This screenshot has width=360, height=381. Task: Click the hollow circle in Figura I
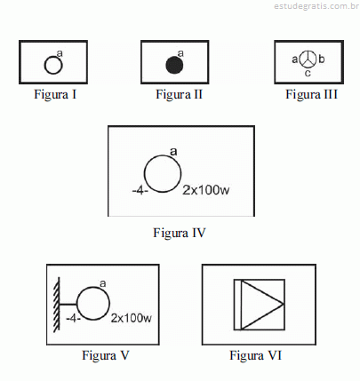tap(45, 66)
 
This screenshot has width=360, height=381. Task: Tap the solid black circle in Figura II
tap(174, 65)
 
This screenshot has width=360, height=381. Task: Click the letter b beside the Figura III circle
tap(322, 59)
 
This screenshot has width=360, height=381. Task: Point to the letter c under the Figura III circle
tap(308, 73)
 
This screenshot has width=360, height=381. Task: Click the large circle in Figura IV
tap(144, 174)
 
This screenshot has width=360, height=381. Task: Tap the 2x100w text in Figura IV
tap(206, 190)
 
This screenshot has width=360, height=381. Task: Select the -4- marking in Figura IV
tap(140, 191)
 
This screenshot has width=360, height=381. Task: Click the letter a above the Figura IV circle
tap(173, 152)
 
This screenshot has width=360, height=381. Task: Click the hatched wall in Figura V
tap(56, 304)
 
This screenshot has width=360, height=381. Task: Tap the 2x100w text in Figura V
tap(132, 318)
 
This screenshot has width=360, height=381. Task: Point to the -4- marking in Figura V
tap(73, 319)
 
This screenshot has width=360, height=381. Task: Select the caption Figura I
tap(55, 94)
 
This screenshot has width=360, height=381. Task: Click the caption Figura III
tap(311, 94)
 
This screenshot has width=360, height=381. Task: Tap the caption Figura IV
tap(180, 233)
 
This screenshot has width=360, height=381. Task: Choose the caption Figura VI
tap(255, 355)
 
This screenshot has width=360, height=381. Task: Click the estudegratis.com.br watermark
tap(316, 6)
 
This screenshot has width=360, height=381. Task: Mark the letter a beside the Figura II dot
tap(180, 53)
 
